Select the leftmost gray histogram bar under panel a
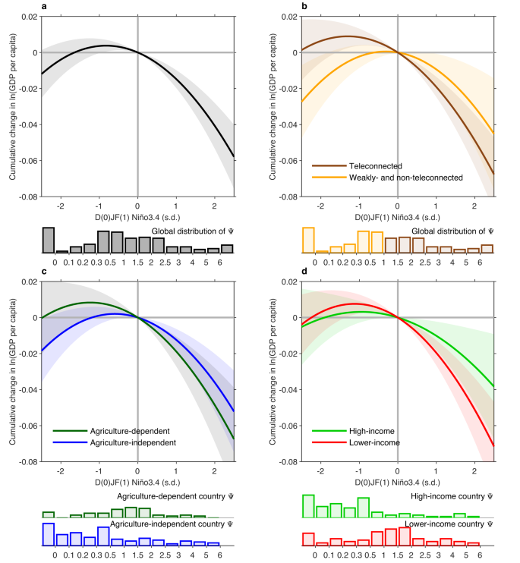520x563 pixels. point(49,240)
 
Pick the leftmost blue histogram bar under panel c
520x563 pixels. point(49,534)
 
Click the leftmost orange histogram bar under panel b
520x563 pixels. point(308,240)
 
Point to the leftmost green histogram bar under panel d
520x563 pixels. point(308,506)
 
